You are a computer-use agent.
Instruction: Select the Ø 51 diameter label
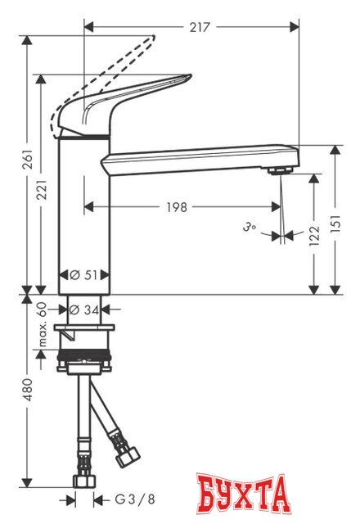(82, 274)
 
